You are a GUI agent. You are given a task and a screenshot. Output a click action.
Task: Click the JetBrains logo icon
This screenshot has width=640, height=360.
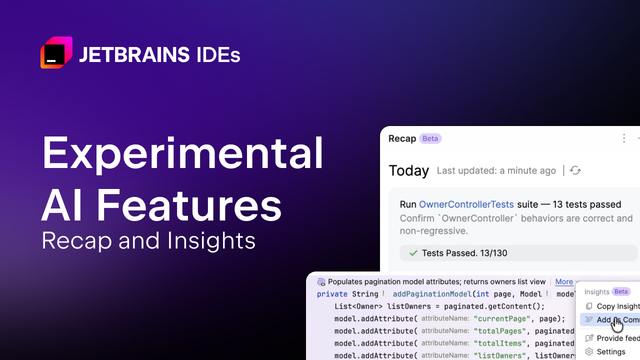tap(56, 52)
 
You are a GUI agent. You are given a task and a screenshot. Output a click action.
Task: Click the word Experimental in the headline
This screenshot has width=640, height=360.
tap(182, 153)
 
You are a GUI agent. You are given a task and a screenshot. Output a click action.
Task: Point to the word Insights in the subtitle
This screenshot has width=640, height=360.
tap(211, 240)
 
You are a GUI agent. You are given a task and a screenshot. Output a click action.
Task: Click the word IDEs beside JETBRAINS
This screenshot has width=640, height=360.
tap(218, 55)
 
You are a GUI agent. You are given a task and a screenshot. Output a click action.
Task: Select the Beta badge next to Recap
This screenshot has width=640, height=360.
tap(430, 138)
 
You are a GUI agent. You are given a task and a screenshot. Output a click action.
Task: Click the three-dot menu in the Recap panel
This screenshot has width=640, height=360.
tap(623, 138)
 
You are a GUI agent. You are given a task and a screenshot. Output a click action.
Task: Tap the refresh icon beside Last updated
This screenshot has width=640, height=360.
tap(575, 170)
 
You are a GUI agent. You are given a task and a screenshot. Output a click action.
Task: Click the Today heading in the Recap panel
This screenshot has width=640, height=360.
tap(409, 171)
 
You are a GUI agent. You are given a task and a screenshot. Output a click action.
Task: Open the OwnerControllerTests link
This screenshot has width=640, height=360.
tap(466, 204)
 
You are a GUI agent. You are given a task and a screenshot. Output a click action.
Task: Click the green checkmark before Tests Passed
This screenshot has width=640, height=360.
tap(413, 253)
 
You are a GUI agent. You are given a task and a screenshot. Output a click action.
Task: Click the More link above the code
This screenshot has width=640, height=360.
tap(564, 282)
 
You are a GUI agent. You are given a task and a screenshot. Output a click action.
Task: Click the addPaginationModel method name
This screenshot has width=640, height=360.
tap(432, 294)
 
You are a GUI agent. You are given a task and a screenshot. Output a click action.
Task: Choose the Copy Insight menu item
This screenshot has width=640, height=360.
tap(618, 306)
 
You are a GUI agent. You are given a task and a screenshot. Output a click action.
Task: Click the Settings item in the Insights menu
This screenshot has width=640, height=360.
tap(611, 351)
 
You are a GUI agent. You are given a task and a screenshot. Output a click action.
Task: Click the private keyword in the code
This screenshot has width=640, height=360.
tap(332, 294)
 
